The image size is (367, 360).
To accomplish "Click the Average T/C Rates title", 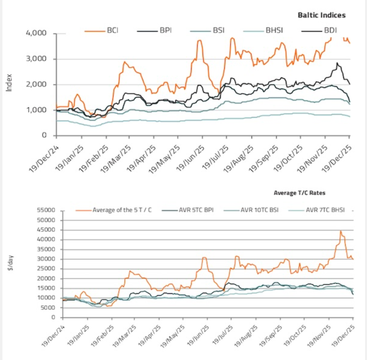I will tap(300, 192).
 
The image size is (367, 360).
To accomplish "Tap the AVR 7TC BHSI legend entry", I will tap(323, 210).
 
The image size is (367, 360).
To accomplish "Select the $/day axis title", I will tap(10, 263).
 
